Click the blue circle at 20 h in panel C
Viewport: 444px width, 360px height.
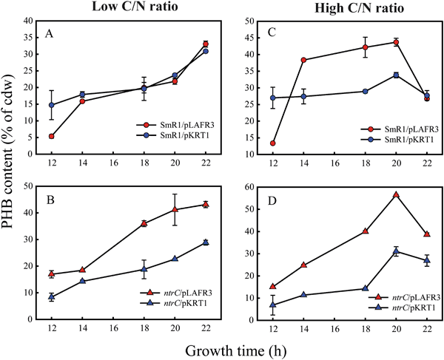click(396, 75)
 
